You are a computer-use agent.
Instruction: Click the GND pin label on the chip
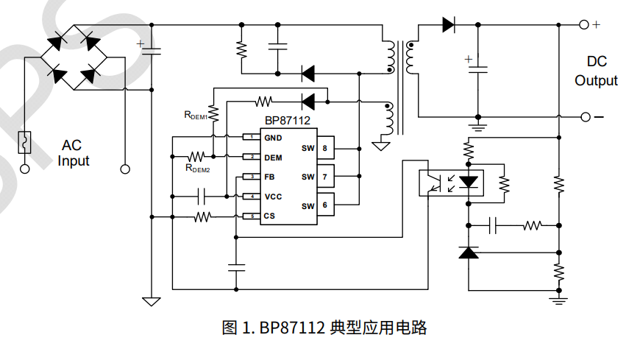click(x=273, y=138)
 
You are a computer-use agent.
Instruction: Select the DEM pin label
click(x=273, y=158)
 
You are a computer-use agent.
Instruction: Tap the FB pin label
click(x=270, y=177)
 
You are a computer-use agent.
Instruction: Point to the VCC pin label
click(x=273, y=197)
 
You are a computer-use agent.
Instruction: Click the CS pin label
click(x=269, y=216)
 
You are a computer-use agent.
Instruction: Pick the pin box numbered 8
click(x=324, y=148)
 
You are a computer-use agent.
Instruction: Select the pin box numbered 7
click(x=324, y=177)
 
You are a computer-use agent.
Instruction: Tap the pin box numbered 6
click(x=324, y=205)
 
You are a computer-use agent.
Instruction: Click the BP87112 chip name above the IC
click(x=288, y=121)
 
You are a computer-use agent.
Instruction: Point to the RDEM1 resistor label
click(x=196, y=115)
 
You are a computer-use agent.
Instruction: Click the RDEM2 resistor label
click(x=198, y=169)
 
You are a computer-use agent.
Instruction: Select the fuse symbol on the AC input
click(x=25, y=141)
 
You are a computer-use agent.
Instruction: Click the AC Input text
click(x=74, y=153)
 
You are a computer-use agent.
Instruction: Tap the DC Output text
click(x=596, y=71)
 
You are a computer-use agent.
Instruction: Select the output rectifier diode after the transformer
click(x=448, y=24)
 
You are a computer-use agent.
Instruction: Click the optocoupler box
click(x=448, y=182)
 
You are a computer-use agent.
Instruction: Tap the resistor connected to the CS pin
click(x=203, y=216)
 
